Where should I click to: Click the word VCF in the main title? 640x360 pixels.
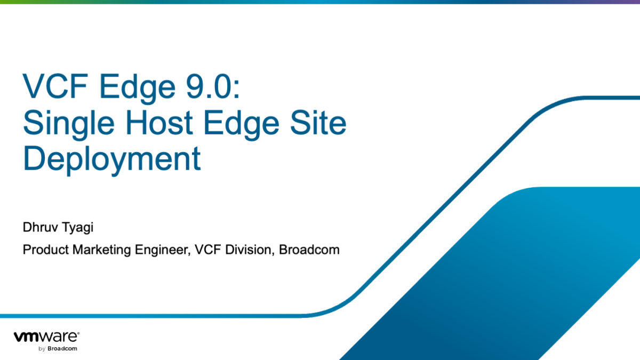pyautogui.click(x=55, y=86)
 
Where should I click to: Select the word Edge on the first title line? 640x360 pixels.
pyautogui.click(x=137, y=89)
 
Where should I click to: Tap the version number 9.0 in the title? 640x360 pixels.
pyautogui.click(x=209, y=86)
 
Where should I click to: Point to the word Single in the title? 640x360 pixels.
pyautogui.click(x=69, y=125)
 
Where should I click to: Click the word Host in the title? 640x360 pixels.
pyautogui.click(x=159, y=122)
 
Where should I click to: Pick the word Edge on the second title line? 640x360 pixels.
pyautogui.click(x=241, y=125)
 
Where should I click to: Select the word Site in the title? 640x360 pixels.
pyautogui.click(x=318, y=122)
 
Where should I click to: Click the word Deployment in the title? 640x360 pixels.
pyautogui.click(x=111, y=160)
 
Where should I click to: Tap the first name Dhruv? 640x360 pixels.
pyautogui.click(x=41, y=227)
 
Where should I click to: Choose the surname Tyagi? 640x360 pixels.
pyautogui.click(x=77, y=228)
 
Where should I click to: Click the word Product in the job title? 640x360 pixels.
pyautogui.click(x=46, y=250)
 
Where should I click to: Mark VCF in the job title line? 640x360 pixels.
pyautogui.click(x=207, y=250)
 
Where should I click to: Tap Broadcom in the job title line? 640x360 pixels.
pyautogui.click(x=309, y=250)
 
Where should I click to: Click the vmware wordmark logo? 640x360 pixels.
pyautogui.click(x=46, y=337)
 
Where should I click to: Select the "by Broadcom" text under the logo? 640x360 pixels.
pyautogui.click(x=58, y=349)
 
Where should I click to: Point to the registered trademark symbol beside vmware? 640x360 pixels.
pyautogui.click(x=78, y=333)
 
